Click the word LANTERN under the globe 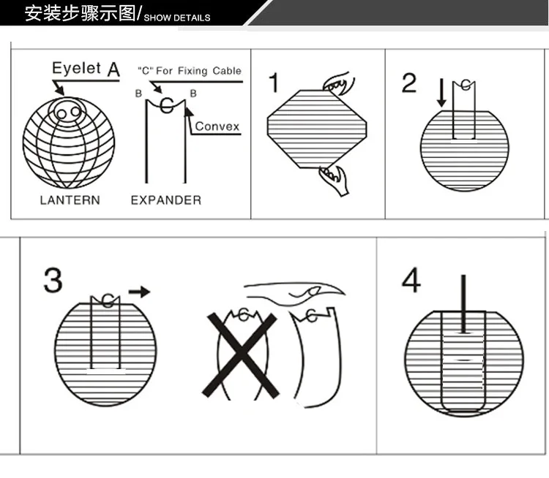coord(70,200)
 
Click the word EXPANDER coord(166,200)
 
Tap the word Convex coord(217,126)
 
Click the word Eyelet coord(76,68)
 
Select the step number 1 coord(274,82)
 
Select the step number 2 coord(409,83)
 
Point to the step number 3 coord(53,280)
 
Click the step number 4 coord(411,280)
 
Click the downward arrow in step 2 coord(441,93)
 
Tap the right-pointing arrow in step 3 coord(139,292)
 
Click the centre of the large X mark coord(241,355)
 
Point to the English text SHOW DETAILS coord(177,18)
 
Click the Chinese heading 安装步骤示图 coord(81,13)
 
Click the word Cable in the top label coord(227,71)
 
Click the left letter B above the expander coord(138,94)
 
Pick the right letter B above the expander coord(193,94)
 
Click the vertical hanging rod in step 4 coord(463,303)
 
